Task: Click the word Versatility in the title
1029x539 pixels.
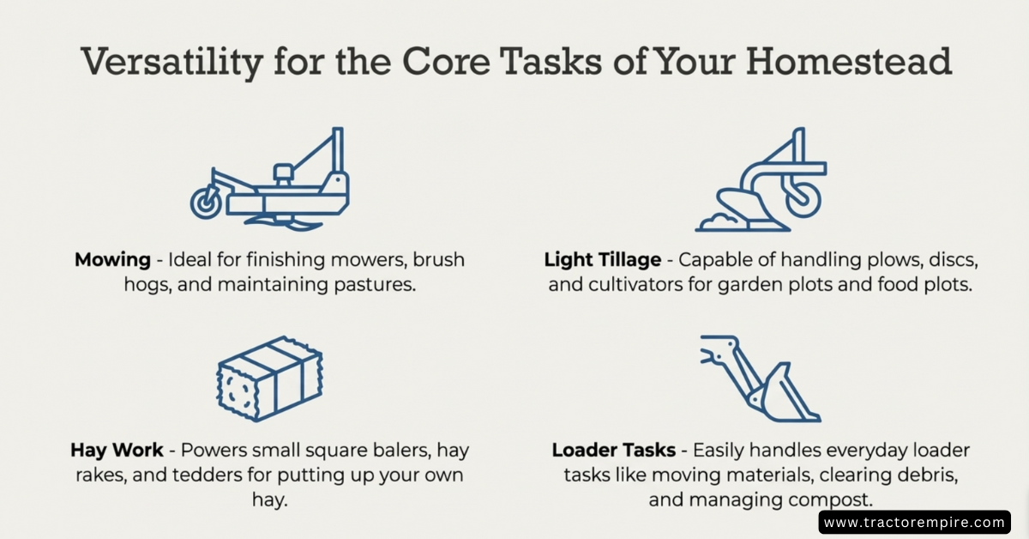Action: click(x=171, y=62)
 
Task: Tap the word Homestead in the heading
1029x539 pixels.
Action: click(x=849, y=61)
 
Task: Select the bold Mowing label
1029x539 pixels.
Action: click(x=112, y=260)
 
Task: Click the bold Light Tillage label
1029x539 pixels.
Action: click(x=602, y=260)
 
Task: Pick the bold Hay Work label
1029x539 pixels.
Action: click(x=117, y=451)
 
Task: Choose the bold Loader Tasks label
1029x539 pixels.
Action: click(x=613, y=451)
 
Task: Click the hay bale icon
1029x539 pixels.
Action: click(x=269, y=379)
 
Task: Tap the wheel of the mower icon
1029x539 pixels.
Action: click(x=206, y=203)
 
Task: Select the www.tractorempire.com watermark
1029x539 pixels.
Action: click(x=914, y=523)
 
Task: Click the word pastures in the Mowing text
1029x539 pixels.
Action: click(x=375, y=285)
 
